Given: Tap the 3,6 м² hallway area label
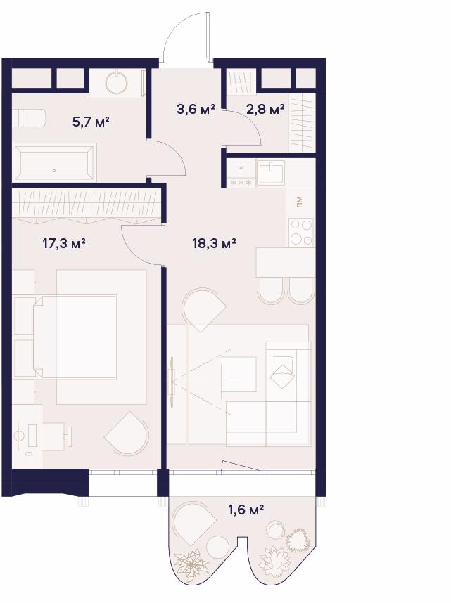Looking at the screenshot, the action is coord(196,109).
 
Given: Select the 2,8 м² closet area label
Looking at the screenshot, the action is coord(265,109).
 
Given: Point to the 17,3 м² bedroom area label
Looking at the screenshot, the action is coord(63,243).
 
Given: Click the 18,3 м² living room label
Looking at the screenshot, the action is coord(214,243).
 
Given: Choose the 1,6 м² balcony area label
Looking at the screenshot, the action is coord(246,510).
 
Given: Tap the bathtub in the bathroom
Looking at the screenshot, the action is coord(54,162).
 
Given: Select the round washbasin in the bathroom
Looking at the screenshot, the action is coord(117,82).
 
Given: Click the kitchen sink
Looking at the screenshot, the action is coord(272,173).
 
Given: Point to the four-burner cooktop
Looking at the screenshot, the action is coord(301,232).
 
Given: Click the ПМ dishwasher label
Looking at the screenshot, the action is coord(300,202).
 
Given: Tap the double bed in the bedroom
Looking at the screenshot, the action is coord(75,337).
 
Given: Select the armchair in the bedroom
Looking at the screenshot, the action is coord(127,434).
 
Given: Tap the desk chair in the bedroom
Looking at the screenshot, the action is coord(56,436).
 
